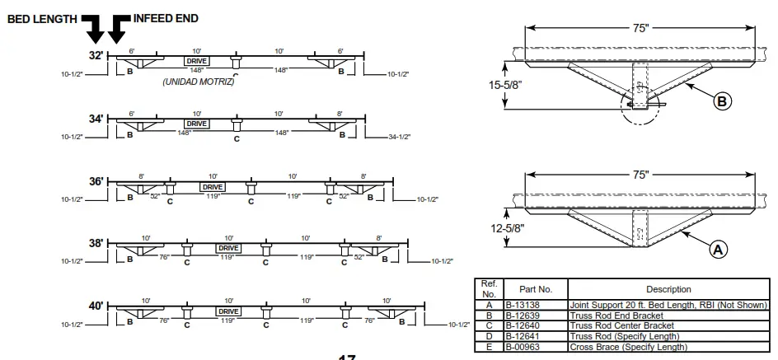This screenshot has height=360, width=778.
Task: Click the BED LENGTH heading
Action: point(43,18)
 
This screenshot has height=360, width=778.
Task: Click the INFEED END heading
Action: point(166,18)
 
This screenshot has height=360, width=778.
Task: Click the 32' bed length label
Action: point(96,55)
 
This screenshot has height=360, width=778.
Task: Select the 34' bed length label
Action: point(96,119)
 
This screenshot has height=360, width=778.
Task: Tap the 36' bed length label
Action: point(96,181)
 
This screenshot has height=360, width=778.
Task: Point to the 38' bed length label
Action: point(96,244)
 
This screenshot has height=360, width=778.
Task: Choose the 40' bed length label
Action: point(96,306)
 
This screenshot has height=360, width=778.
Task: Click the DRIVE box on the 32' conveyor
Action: point(196,61)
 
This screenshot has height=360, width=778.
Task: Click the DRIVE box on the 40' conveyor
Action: point(228,311)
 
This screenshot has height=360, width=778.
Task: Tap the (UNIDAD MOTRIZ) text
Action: point(198,82)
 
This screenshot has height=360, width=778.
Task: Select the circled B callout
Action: point(722,101)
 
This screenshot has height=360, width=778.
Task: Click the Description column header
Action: point(668,289)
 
